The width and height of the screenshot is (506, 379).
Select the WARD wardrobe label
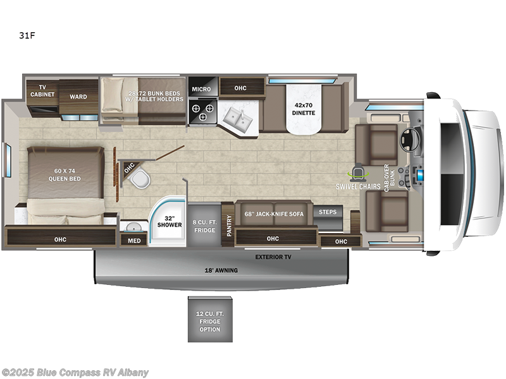[x=78, y=97]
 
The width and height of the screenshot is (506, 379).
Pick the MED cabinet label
[x=134, y=240]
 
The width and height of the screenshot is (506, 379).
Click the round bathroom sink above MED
[x=133, y=227]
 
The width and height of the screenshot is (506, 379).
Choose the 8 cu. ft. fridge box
[x=203, y=226]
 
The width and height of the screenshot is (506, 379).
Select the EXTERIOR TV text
[x=273, y=257]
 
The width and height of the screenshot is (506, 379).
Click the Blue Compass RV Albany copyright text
[x=75, y=372]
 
